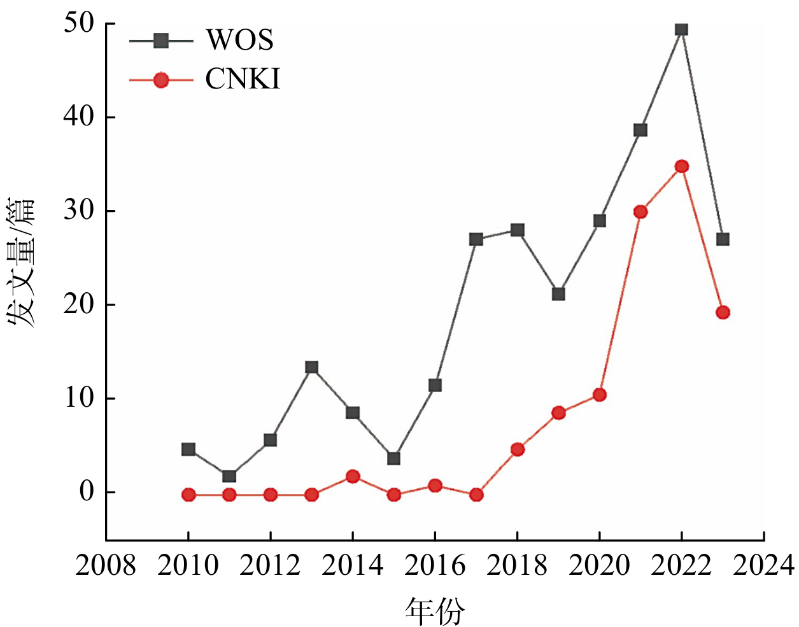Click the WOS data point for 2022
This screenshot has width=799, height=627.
coord(681,29)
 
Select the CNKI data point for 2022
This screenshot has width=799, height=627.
coord(681,167)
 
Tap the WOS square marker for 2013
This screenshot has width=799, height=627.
coord(311,367)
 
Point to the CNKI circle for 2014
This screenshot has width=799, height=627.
coord(353,476)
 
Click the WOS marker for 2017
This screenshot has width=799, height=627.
coord(476,239)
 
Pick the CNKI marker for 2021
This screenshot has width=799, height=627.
coord(640,211)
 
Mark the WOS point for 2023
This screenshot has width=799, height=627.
coord(723,239)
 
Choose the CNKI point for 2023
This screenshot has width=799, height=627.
coord(723,313)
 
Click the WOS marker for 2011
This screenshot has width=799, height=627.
coord(229,476)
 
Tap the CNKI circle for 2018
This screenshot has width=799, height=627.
coord(517,449)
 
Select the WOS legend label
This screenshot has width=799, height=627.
coord(239,41)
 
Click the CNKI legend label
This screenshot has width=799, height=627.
coord(243,80)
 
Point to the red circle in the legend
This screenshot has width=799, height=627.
coord(161,80)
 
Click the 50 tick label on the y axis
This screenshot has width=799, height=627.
coord(78,24)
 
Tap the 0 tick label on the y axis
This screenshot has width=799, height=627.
coord(87,492)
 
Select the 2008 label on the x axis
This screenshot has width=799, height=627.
coord(106,565)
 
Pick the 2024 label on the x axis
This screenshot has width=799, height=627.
coord(763,565)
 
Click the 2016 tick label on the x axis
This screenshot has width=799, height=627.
coord(435,565)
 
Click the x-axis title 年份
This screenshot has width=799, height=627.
coord(435,612)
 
